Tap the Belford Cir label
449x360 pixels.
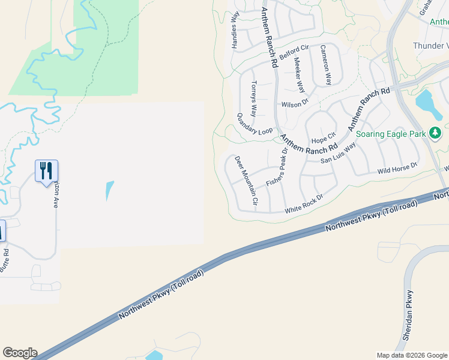[x=295, y=48]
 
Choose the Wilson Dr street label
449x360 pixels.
[x=294, y=104]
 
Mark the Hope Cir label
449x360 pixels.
[x=323, y=140]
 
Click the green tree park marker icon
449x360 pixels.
[x=435, y=133]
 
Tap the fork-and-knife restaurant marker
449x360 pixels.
[x=46, y=171]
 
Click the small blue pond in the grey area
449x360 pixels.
[x=109, y=191]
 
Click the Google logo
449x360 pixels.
[x=20, y=353]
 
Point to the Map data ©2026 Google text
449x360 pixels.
[x=412, y=355]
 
